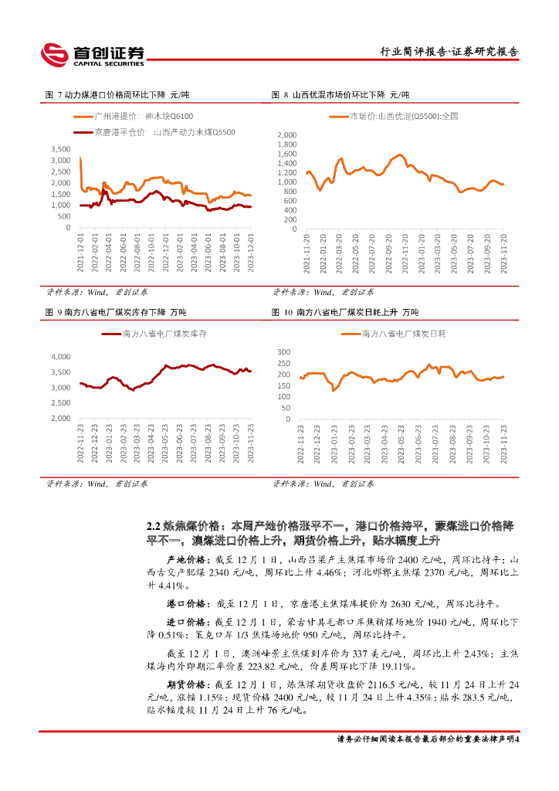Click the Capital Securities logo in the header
tap(92, 53)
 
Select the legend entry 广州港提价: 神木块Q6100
tap(144, 116)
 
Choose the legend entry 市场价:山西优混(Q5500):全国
tap(393, 116)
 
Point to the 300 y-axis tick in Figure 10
tap(283, 351)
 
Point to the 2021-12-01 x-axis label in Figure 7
tap(81, 251)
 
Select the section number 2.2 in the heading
tap(154, 525)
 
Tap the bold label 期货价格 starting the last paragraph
tap(186, 684)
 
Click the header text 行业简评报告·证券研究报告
tap(450, 52)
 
